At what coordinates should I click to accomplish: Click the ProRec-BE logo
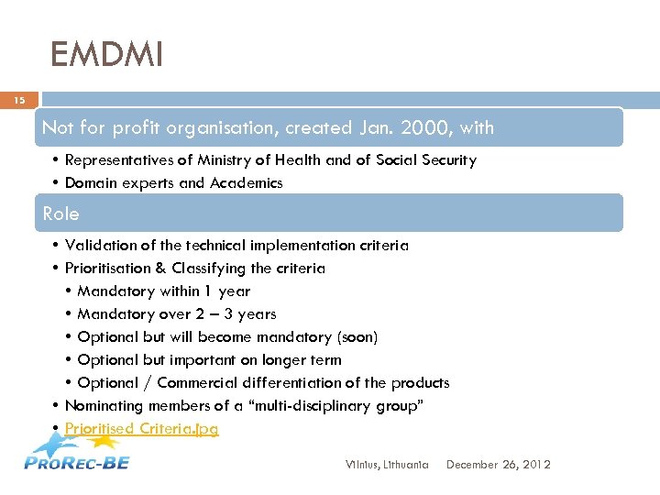(x=77, y=456)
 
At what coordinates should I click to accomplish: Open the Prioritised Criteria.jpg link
(x=141, y=428)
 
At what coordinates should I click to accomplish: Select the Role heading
(x=61, y=214)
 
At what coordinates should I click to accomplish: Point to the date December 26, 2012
(x=498, y=465)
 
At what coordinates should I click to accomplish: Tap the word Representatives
(x=114, y=160)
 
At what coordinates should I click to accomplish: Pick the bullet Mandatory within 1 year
(x=163, y=291)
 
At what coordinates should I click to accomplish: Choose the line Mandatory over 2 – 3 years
(x=176, y=314)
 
